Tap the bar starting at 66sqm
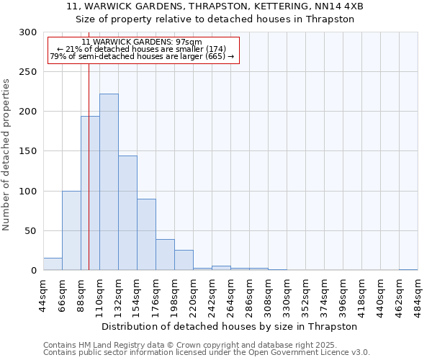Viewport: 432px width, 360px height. (x=71, y=230)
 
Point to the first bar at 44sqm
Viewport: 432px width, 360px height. (x=53, y=264)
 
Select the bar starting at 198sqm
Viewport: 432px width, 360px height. (x=184, y=260)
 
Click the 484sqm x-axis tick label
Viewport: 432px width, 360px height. (x=418, y=297)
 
